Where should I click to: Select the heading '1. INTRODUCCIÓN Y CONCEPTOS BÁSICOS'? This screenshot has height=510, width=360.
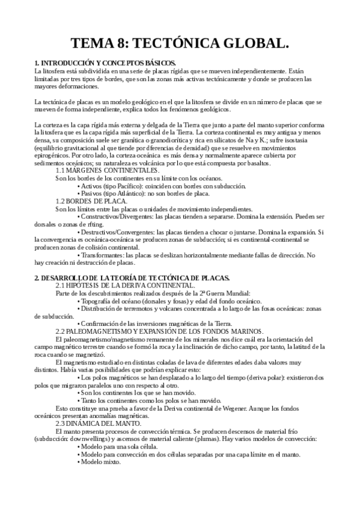point(105,63)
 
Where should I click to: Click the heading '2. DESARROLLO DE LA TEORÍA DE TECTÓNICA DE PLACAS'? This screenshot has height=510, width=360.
point(132,277)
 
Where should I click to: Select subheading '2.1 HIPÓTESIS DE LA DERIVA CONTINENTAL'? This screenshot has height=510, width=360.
point(124,285)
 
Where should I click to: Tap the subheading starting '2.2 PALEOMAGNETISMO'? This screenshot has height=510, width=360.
point(159,331)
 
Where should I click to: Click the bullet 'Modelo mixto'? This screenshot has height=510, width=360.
point(102,462)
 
